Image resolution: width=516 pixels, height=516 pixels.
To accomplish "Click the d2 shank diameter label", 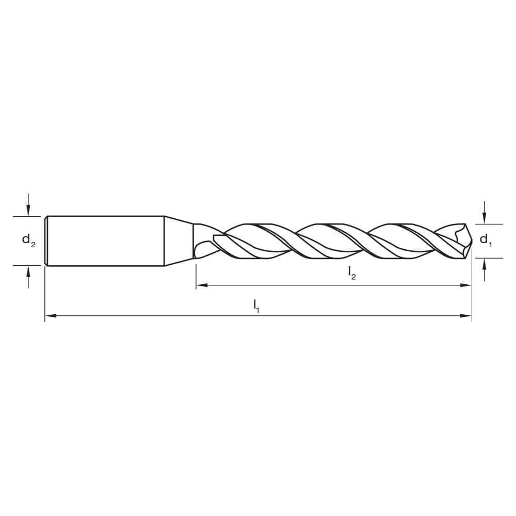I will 28,240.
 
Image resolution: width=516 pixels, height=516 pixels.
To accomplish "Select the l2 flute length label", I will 352,272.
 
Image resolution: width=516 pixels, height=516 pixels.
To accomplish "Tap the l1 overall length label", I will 256,305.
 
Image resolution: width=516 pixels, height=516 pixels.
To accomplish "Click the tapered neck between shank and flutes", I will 179,240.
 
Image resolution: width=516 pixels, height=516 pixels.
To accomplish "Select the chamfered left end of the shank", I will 46,240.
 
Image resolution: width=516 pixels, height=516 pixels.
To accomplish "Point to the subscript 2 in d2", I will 34,244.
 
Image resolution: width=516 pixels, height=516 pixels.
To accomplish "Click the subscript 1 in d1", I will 490,244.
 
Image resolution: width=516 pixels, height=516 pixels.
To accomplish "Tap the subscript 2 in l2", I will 354,277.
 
